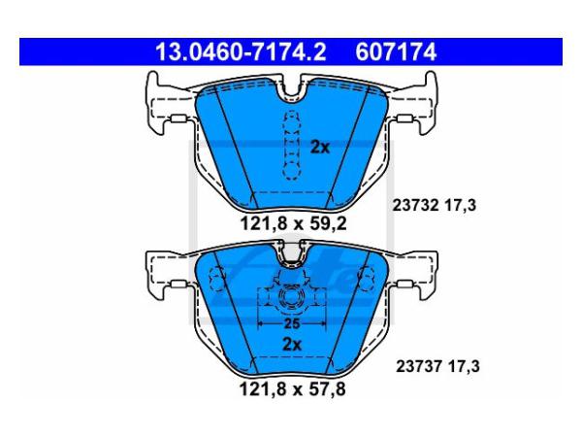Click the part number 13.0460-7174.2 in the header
tap(241, 52)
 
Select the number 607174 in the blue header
tap(396, 52)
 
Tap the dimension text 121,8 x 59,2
tap(293, 223)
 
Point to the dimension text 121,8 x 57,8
tap(293, 389)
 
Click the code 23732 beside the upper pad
tap(416, 205)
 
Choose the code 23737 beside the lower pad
tap(419, 366)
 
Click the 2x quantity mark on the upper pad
tap(319, 148)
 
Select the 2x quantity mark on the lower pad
tap(292, 345)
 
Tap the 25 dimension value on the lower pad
tap(291, 323)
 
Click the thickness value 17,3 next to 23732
tap(460, 205)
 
